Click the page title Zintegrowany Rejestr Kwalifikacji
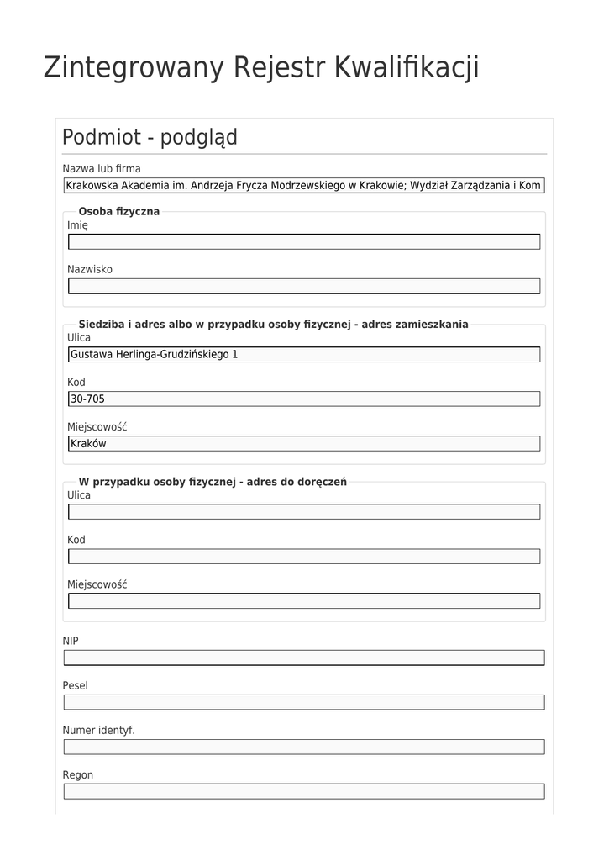(261, 67)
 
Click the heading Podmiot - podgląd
(150, 137)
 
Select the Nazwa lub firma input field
(303, 185)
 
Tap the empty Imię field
(303, 242)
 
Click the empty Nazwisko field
(303, 286)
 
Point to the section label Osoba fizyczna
(118, 211)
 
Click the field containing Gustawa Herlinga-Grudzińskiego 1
(303, 354)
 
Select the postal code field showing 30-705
(303, 399)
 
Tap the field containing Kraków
(303, 443)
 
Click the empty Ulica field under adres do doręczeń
(303, 511)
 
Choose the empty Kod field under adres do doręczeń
(303, 556)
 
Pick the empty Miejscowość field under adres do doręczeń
(303, 600)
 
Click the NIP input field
(303, 658)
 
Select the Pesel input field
(303, 702)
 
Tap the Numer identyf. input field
(303, 747)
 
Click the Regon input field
(303, 791)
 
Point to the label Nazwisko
(90, 269)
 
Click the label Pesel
(75, 685)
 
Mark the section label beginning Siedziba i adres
(273, 324)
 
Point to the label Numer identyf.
(98, 730)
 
